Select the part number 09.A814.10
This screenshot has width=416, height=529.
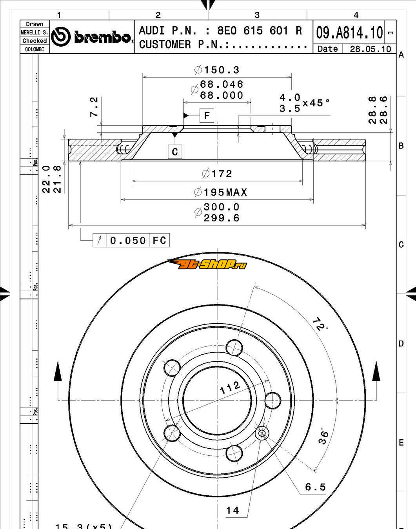(349, 32)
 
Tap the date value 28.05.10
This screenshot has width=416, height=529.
(370, 49)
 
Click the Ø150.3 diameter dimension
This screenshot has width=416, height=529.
(217, 70)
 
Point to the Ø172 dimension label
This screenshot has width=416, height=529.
(217, 173)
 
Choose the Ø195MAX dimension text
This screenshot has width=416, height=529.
(221, 192)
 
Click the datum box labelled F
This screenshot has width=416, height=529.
(207, 116)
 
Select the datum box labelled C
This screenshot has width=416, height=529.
(175, 152)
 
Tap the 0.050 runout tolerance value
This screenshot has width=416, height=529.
(128, 240)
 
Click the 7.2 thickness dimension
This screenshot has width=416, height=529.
(94, 107)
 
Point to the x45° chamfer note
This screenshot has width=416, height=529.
(316, 103)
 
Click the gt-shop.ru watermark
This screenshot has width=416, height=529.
(208, 264)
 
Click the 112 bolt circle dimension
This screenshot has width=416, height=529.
(230, 388)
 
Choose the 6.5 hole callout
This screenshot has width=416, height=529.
(315, 487)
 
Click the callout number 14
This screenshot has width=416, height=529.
(233, 510)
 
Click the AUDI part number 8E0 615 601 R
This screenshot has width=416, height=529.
(260, 31)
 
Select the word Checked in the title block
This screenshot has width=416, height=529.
(35, 41)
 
